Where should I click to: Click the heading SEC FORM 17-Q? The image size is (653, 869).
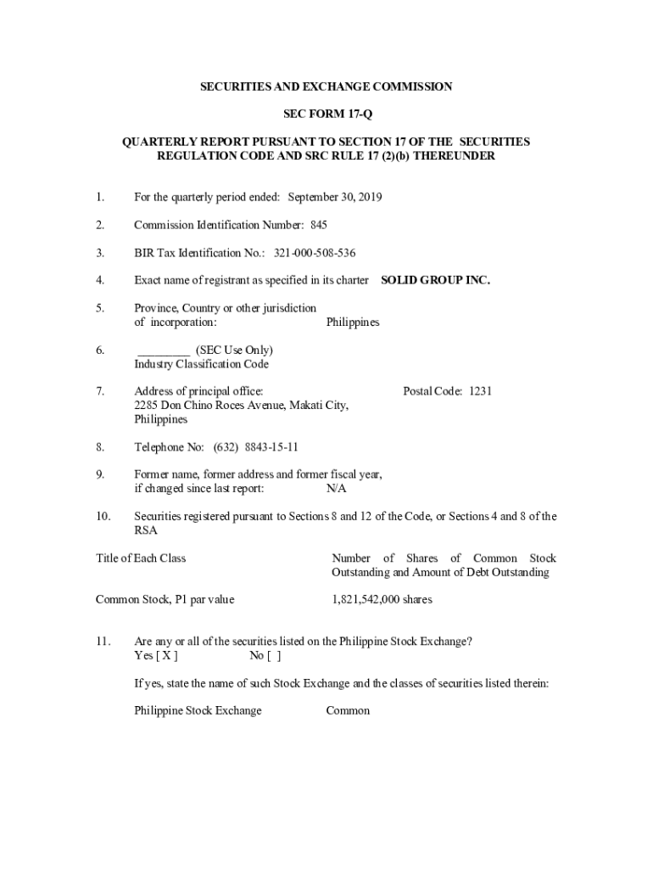tap(326, 115)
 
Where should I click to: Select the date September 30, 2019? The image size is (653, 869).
tap(335, 198)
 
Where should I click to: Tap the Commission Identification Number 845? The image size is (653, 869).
tap(318, 225)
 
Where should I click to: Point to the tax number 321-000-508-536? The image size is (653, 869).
tap(314, 253)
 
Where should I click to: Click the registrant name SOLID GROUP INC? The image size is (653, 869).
tap(435, 280)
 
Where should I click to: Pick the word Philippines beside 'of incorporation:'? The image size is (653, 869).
tap(353, 322)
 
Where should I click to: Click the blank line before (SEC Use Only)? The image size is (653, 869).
tap(163, 350)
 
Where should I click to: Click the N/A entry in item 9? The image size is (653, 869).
tap(337, 489)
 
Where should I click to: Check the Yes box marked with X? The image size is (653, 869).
tap(167, 656)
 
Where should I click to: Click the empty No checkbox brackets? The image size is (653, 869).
tap(274, 656)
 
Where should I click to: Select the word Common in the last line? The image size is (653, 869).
tap(348, 710)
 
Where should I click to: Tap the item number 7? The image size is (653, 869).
tap(100, 391)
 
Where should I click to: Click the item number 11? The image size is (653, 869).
tap(103, 642)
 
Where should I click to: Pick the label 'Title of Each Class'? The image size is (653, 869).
tap(141, 558)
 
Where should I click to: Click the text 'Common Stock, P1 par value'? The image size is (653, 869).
tap(165, 600)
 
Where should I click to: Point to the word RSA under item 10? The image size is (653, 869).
tap(146, 530)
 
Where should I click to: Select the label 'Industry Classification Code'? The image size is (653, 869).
tap(201, 364)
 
